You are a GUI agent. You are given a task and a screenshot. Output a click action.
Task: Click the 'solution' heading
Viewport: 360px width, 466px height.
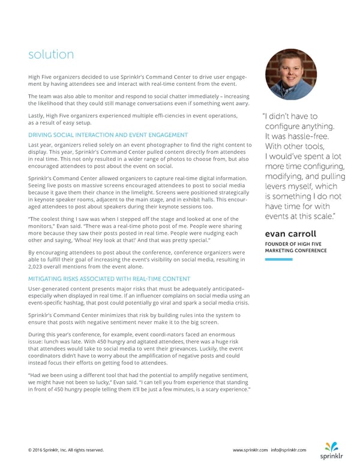[51, 55]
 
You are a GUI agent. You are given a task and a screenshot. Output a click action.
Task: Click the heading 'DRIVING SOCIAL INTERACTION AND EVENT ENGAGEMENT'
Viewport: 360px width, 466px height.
[108, 135]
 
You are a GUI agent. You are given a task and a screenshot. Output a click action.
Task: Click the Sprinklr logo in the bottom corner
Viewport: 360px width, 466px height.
[331, 450]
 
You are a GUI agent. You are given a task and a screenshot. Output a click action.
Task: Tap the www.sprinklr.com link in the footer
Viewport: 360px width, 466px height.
[250, 450]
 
